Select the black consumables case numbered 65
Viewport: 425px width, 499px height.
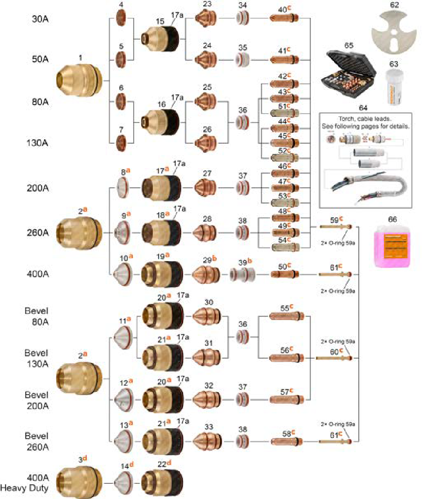[349, 72]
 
